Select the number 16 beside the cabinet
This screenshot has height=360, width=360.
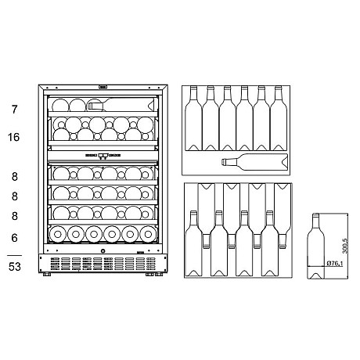14,138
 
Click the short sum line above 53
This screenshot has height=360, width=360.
14,255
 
